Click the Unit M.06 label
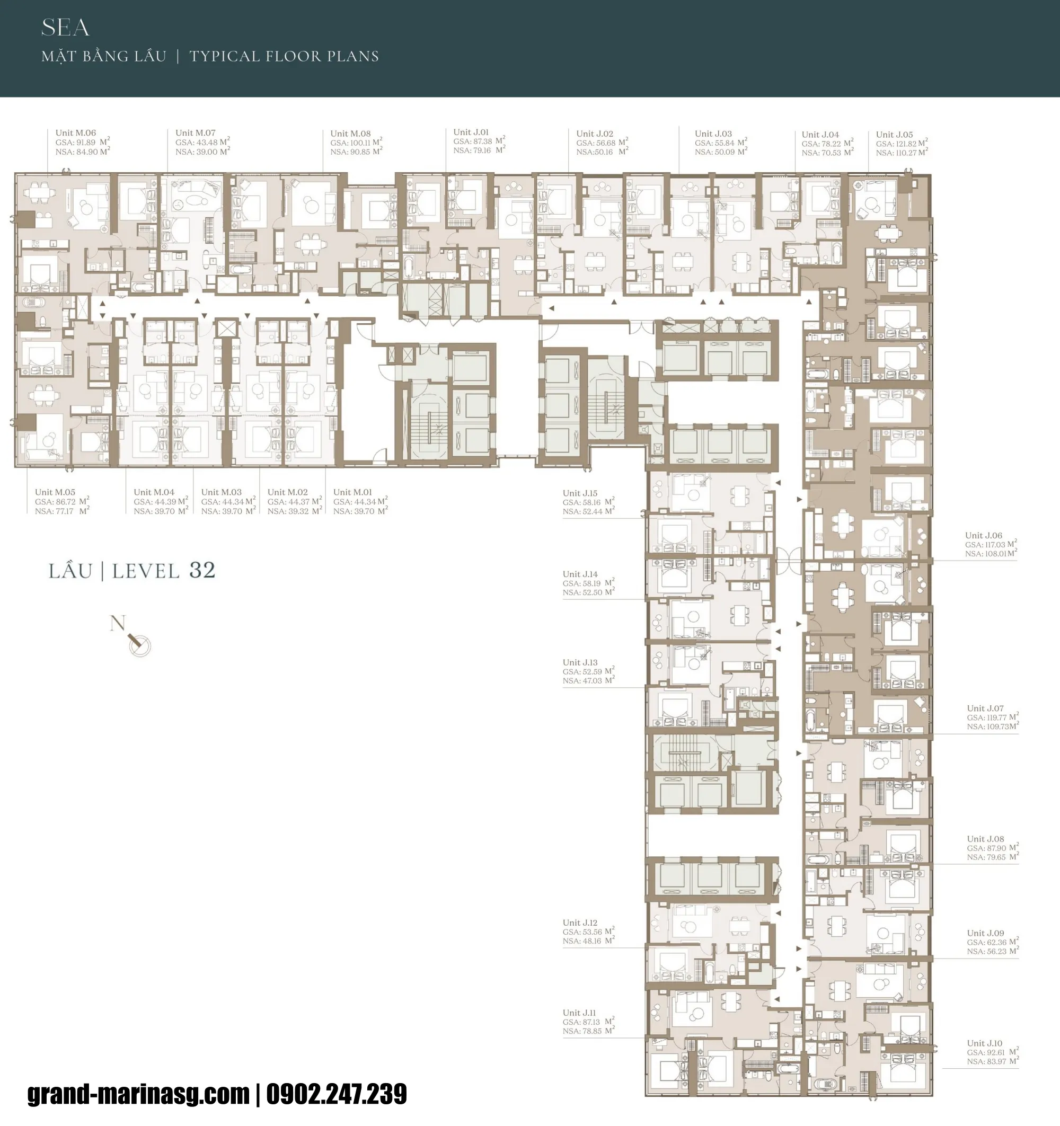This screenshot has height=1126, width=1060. pos(76,133)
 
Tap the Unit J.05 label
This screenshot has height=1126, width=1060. pos(895,135)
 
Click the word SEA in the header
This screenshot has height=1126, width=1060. pos(65,28)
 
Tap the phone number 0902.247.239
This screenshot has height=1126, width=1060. pos(337,1094)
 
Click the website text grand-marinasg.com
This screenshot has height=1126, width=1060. pos(139,1094)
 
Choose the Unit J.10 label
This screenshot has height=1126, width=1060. pos(985,1043)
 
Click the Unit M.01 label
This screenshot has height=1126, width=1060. pos(352,492)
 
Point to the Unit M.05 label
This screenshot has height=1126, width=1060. pos(55,492)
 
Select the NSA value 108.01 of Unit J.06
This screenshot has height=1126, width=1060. pos(994,553)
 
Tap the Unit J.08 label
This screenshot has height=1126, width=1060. pos(985,839)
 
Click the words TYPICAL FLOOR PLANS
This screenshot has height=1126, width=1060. pos(284,56)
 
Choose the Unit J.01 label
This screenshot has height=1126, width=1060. pos(471,132)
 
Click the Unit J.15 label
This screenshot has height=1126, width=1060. pos(580,493)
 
